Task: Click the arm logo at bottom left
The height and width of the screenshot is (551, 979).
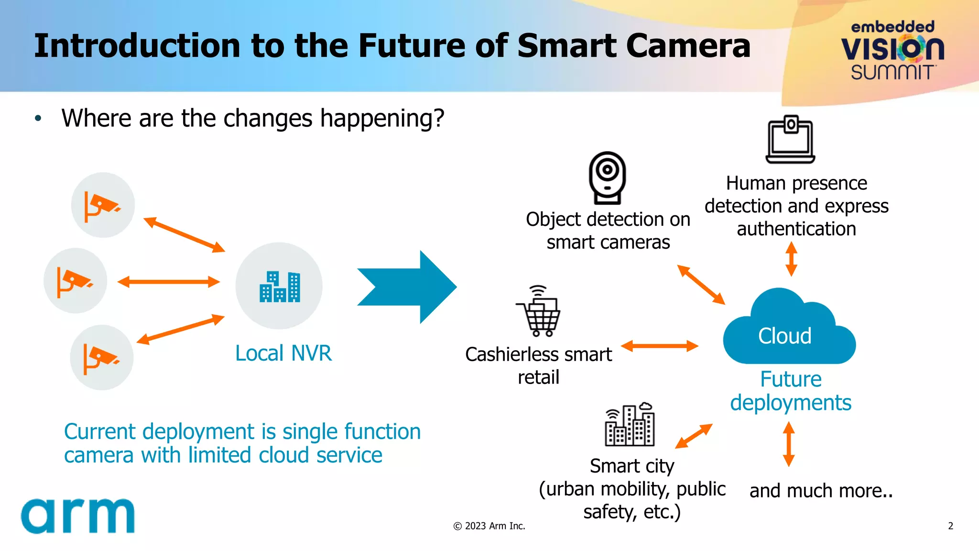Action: point(78,516)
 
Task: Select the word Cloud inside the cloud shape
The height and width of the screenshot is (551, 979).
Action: point(784,336)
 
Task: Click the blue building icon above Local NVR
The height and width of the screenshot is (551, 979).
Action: point(280,287)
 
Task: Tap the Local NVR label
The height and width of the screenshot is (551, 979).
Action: point(283,353)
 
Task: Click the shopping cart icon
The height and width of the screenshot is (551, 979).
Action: point(539,311)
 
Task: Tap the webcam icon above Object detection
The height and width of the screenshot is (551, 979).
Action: point(607,177)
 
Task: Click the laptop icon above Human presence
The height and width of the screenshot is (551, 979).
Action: point(790,140)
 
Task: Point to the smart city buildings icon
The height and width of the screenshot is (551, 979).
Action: point(630,425)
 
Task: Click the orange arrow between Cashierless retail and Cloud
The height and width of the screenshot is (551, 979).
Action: point(660,346)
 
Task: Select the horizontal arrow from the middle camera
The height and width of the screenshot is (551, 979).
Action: point(168,282)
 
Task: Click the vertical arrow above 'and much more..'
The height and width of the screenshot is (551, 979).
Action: point(789,444)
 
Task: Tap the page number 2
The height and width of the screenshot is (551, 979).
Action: point(950,526)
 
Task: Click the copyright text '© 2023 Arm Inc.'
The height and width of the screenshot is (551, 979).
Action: point(489,526)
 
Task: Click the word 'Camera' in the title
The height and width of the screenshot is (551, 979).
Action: point(688,46)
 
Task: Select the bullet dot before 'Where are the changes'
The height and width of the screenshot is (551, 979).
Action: point(38,118)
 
